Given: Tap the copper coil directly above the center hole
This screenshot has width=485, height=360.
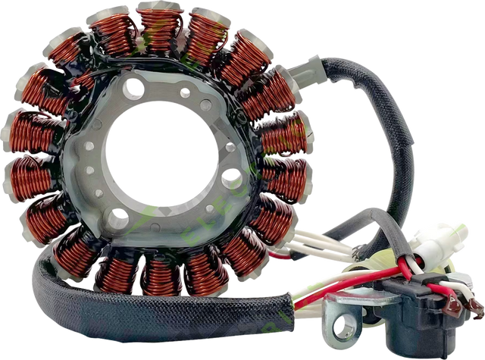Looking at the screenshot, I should [x=159, y=27].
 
